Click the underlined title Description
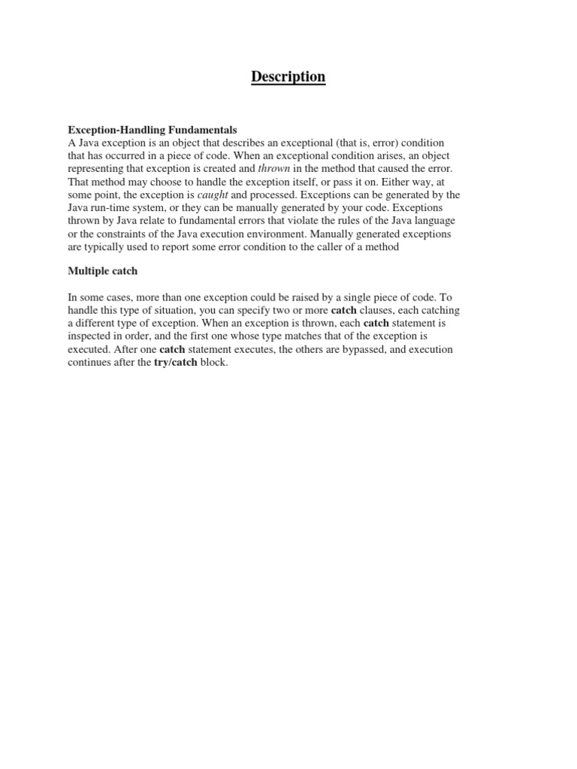coord(288,77)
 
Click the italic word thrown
coord(273,169)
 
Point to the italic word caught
coord(212,195)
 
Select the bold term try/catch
coord(175,363)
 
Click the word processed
coord(280,195)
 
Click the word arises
coord(365,156)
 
